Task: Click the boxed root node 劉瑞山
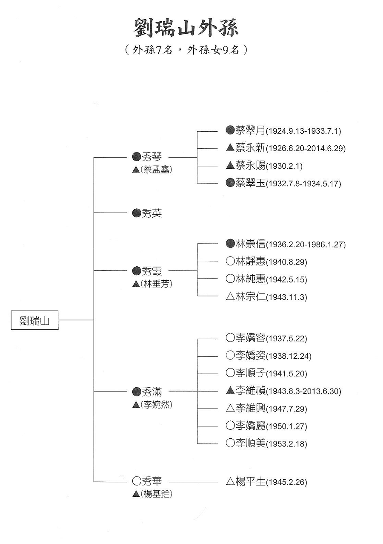(35, 320)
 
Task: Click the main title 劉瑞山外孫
(186, 28)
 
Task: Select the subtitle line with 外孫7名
(186, 50)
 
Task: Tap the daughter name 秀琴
(152, 157)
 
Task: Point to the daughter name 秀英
(152, 213)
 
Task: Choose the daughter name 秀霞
(152, 271)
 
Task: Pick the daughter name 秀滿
(152, 391)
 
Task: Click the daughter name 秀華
(152, 481)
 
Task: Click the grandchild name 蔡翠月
(251, 130)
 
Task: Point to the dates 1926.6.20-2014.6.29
(306, 148)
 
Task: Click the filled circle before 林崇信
(230, 244)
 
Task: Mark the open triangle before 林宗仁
(230, 297)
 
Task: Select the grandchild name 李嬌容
(251, 338)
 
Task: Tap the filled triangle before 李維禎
(230, 391)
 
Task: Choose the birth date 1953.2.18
(286, 444)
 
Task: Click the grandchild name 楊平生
(251, 481)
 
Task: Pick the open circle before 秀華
(137, 481)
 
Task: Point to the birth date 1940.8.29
(286, 262)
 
